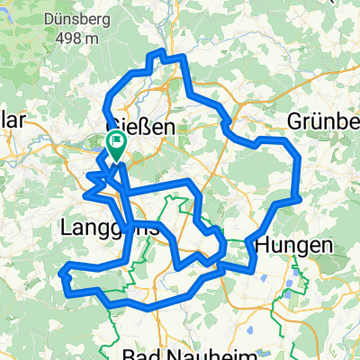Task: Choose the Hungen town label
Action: coord(293,244)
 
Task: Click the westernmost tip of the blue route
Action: coord(61,270)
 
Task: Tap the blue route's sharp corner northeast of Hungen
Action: coord(298,197)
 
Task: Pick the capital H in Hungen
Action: coord(263,244)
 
